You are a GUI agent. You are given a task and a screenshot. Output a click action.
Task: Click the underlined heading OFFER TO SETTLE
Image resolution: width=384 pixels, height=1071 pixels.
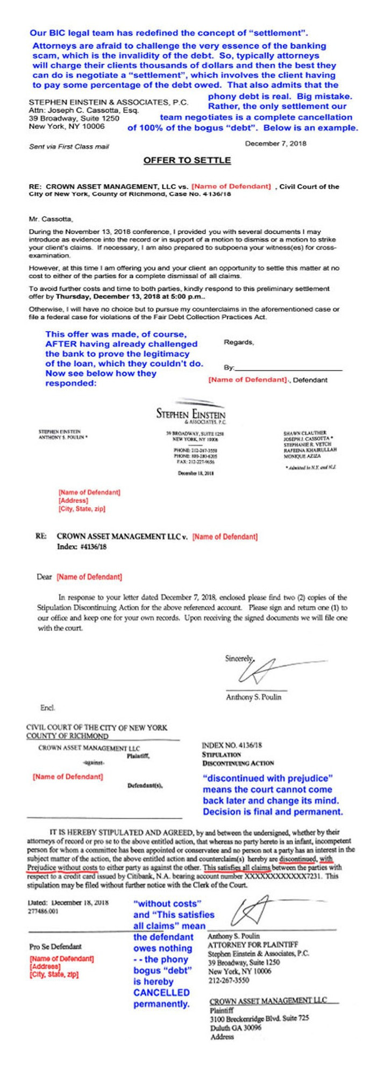click(x=187, y=160)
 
